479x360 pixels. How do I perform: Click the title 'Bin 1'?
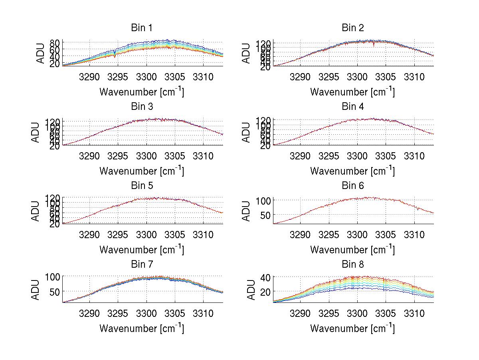coord(142,28)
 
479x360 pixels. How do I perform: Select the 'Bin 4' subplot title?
coord(352,107)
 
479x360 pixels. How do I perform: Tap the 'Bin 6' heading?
coord(352,185)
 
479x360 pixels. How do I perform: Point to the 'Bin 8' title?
coord(352,264)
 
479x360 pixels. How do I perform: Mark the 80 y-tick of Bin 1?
coord(55,43)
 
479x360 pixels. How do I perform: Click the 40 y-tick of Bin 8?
coord(266,277)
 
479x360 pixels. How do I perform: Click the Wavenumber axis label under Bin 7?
coord(142,328)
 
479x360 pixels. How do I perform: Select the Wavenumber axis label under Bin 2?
coord(352,91)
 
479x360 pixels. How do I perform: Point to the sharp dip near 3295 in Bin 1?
coord(115,56)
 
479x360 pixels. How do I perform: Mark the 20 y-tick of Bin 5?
coord(55,224)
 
